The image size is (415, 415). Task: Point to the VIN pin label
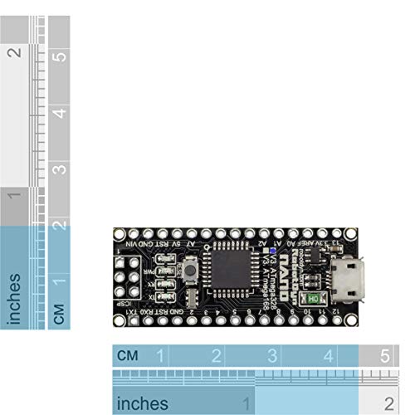click(x=133, y=246)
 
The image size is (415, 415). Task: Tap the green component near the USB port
click(x=314, y=298)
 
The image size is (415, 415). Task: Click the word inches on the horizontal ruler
click(x=143, y=403)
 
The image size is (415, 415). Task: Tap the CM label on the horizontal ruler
click(x=127, y=356)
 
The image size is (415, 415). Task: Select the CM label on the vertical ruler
click(x=59, y=314)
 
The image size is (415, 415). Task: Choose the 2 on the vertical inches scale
click(x=13, y=51)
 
